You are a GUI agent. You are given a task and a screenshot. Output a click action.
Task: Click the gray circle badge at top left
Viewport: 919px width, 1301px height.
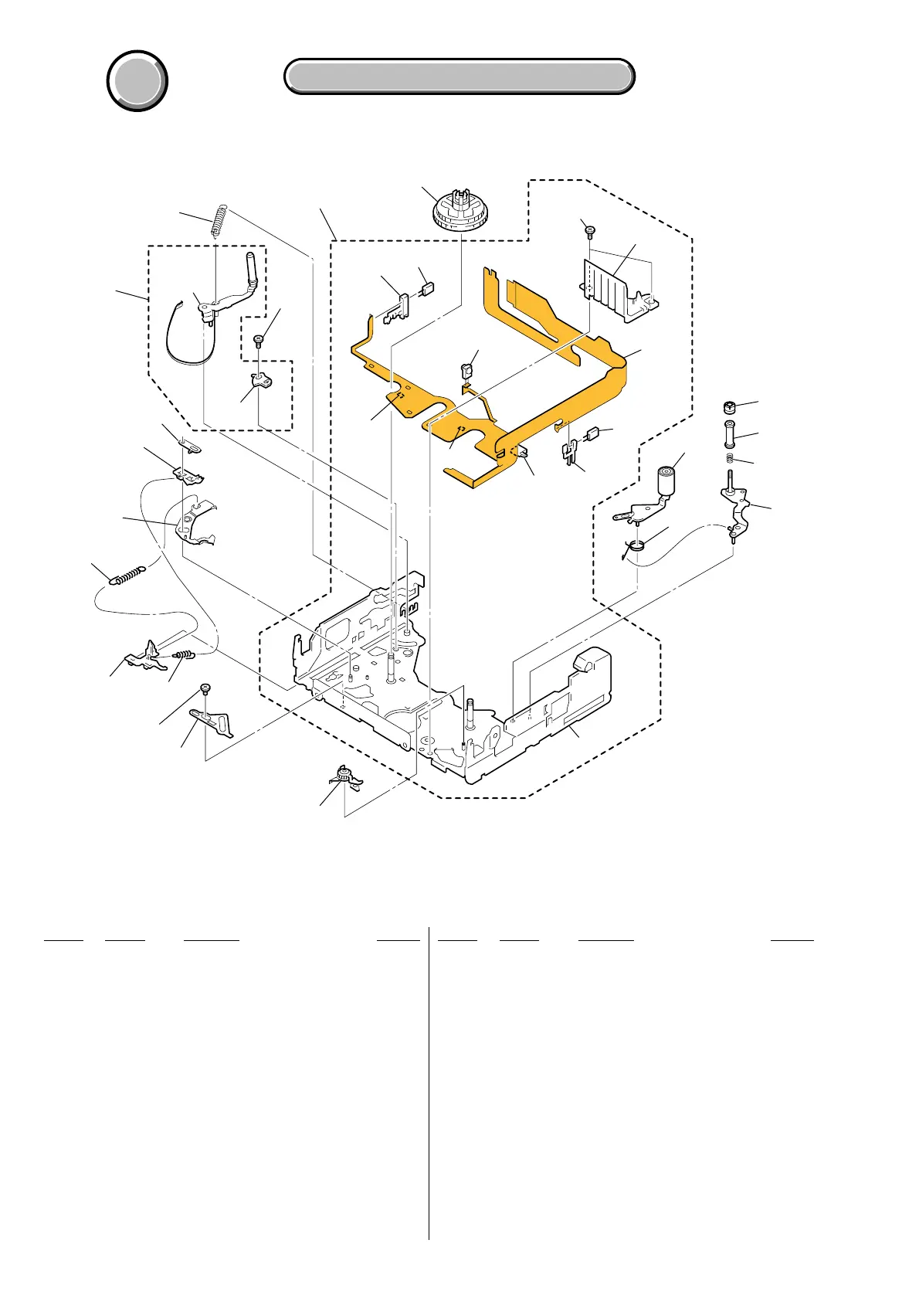coord(137,80)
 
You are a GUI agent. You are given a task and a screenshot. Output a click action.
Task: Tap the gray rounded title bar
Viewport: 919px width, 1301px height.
coord(459,76)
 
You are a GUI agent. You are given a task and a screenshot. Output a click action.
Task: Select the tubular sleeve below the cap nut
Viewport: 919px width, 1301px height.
coord(728,434)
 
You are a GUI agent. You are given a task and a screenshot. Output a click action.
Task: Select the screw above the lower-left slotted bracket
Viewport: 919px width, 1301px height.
coord(206,688)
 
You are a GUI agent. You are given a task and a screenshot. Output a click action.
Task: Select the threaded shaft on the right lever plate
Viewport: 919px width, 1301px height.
coord(730,483)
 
